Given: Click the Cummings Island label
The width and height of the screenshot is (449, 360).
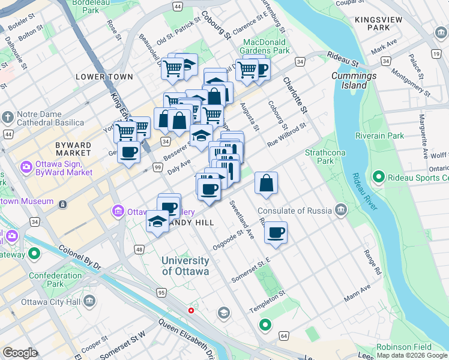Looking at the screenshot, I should tap(354, 80).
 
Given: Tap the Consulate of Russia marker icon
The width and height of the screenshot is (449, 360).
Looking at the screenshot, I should tap(341, 209).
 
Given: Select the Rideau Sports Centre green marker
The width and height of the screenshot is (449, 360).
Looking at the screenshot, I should tap(378, 177).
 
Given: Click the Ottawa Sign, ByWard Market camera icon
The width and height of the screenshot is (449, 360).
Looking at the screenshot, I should tap(26, 166).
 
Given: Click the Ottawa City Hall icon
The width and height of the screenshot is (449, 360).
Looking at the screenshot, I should tap(89, 300).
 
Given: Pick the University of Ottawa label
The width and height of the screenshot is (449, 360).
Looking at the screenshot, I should tap(185, 266).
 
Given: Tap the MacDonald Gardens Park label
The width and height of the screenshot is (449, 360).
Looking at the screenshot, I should tap(266, 47).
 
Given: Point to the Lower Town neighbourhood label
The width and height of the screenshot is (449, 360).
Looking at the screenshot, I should tap(100, 77).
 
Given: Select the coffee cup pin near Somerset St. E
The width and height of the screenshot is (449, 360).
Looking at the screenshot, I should tap(276, 233).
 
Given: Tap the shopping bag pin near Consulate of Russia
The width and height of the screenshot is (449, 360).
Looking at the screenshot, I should tap(266, 184).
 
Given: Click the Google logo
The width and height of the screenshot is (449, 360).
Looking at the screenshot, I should tap(20, 353).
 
